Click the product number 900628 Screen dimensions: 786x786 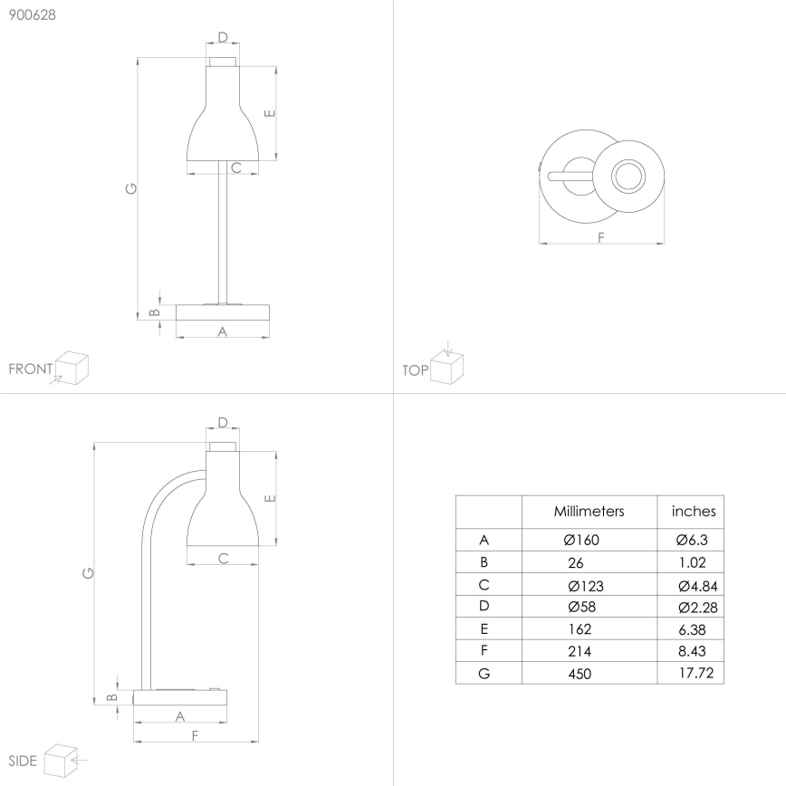coord(32,14)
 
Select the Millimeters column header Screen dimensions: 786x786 coord(589,512)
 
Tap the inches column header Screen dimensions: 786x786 coord(694,512)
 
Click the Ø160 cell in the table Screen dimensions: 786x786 coord(581,540)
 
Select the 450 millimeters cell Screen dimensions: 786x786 coord(580,674)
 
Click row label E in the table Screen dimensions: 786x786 coord(485,628)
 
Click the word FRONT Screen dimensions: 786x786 coord(30,369)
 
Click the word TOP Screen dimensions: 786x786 coord(415,370)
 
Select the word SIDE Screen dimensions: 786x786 coord(22,761)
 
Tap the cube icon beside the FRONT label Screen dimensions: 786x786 coord(72,368)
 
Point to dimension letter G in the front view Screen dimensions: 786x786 coord(131,188)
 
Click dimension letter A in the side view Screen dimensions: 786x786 coord(179,716)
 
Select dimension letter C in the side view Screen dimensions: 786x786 coord(223,558)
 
